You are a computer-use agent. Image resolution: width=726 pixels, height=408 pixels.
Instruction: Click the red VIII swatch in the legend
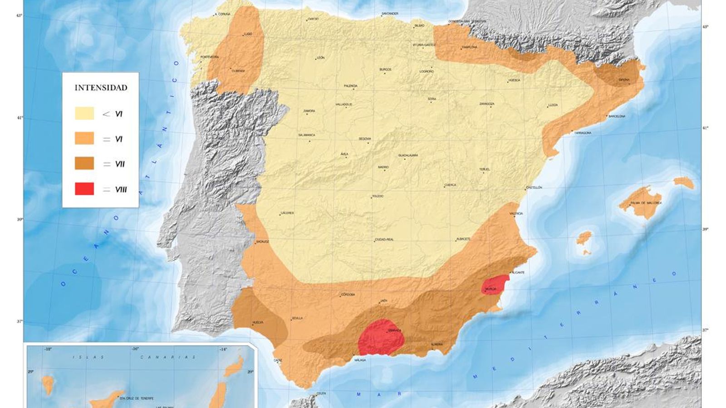click(84, 189)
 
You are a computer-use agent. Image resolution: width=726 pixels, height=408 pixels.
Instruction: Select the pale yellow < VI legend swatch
click(84, 113)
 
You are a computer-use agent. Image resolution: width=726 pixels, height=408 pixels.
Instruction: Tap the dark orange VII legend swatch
click(84, 164)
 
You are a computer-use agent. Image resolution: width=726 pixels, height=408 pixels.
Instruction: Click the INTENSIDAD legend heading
click(101, 87)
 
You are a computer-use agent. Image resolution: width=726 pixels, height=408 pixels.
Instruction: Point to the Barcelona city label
click(617, 117)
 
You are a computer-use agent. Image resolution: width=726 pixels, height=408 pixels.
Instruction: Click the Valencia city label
click(516, 214)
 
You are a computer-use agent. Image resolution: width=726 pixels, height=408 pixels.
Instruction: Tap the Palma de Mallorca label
click(646, 203)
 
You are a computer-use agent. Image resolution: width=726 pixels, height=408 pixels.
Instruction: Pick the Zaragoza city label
click(487, 104)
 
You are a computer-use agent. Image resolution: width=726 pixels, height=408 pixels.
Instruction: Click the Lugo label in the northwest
click(248, 34)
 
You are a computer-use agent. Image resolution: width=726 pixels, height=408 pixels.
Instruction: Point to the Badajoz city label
click(263, 242)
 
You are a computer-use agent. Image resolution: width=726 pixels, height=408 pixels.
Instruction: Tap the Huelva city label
click(258, 322)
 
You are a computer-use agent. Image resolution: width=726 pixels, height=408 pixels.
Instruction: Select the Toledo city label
click(378, 196)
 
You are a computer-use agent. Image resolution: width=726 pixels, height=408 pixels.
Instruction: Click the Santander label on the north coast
click(390, 14)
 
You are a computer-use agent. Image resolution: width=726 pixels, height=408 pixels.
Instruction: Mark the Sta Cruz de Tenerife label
click(137, 398)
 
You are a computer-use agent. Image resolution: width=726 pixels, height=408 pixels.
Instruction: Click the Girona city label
click(624, 80)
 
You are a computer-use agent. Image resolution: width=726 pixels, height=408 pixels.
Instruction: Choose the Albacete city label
click(464, 239)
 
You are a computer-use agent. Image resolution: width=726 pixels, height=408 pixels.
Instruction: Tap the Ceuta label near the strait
click(321, 393)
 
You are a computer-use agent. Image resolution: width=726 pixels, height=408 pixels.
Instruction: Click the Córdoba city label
click(348, 295)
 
